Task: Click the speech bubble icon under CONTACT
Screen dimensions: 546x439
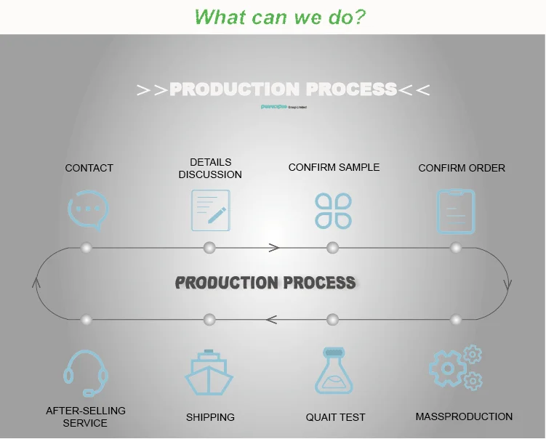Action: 88,210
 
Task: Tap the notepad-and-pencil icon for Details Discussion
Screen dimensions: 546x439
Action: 210,210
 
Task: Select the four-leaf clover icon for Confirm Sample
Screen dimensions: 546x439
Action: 333,210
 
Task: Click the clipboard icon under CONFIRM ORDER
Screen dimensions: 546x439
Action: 456,211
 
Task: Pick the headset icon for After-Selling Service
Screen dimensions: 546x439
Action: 85,373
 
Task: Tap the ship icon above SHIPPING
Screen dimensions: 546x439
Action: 209,373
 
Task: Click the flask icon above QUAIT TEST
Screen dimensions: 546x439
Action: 334,371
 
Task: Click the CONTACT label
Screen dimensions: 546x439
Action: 89,168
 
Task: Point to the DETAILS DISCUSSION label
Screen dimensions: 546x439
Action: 210,168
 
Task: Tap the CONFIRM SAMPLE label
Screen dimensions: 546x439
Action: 334,167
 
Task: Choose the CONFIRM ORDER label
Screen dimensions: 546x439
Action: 462,168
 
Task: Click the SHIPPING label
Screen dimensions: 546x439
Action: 210,417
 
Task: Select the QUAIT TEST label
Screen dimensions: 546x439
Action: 335,417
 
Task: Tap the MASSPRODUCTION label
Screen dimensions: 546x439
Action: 464,416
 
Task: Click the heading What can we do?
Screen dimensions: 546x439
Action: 280,17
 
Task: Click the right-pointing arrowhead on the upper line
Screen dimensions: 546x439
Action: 274,248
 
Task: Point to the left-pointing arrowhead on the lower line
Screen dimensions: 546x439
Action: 271,319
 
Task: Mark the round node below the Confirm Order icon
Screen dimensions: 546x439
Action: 456,248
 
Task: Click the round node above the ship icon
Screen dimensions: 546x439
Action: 209,319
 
